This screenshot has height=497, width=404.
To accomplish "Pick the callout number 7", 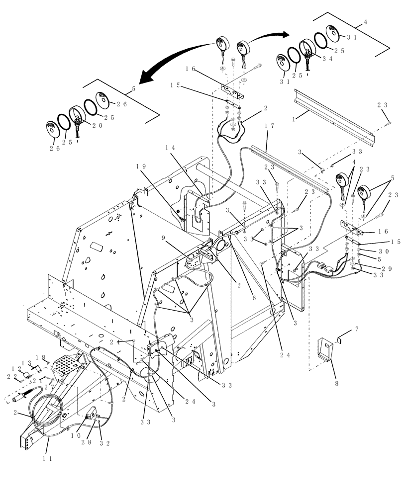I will (x=356, y=330).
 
